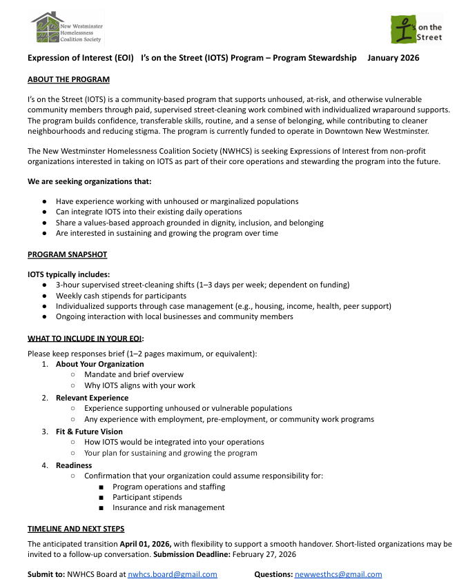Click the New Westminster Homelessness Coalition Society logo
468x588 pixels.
click(67, 28)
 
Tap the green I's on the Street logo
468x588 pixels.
click(417, 28)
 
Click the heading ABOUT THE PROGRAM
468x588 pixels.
click(68, 79)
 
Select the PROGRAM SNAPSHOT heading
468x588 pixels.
click(67, 254)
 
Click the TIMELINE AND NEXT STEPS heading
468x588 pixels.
click(76, 529)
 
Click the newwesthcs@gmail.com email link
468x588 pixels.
click(338, 574)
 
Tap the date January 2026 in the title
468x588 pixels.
click(393, 58)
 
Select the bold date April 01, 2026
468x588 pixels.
click(146, 544)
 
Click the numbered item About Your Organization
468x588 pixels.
click(99, 364)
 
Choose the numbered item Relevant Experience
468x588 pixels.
click(92, 398)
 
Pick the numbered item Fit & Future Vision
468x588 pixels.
click(89, 432)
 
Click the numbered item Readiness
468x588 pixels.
click(74, 465)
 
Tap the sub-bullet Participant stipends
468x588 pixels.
click(147, 497)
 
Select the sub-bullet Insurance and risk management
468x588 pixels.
click(168, 507)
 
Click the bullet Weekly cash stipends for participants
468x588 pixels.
click(121, 296)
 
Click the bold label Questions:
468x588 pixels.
click(273, 574)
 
